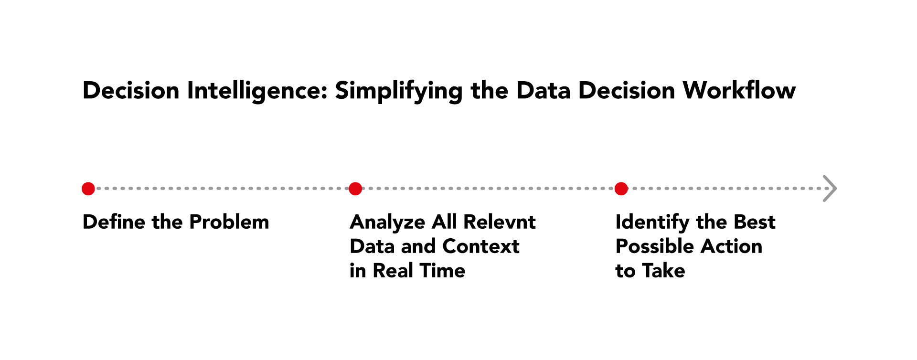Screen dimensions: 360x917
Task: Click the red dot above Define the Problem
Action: (88, 189)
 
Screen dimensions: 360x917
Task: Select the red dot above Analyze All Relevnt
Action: (355, 189)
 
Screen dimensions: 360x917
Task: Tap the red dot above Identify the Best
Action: (621, 189)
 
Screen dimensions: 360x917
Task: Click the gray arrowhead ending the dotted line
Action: (830, 189)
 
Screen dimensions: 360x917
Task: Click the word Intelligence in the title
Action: (257, 91)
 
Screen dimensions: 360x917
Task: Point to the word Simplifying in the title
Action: (398, 91)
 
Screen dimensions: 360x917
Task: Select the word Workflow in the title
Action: (739, 91)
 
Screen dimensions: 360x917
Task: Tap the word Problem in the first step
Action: (229, 222)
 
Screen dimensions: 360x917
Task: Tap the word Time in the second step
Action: (442, 271)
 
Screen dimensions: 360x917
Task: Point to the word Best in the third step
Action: (754, 222)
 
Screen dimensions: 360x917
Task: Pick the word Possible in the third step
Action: (654, 246)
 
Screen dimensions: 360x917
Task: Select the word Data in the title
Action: (543, 91)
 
